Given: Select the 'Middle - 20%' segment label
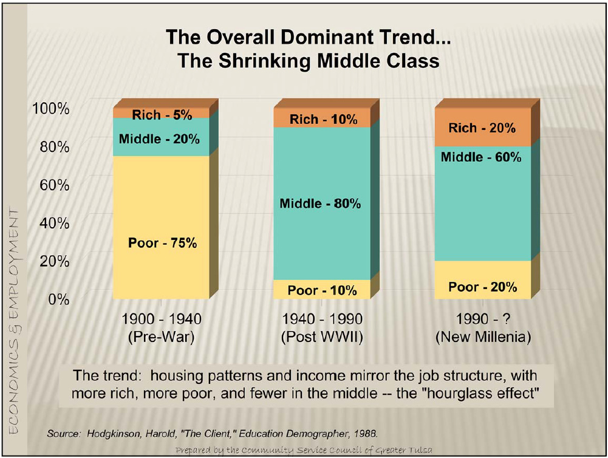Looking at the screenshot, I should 159,138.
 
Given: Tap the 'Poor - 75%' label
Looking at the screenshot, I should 163,243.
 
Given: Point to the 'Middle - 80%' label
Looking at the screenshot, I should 320,203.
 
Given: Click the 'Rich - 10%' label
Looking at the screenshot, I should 323,119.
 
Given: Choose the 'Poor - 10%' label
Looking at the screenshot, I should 322,290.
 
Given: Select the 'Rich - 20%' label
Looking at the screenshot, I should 482,128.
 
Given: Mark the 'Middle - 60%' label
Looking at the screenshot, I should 481,157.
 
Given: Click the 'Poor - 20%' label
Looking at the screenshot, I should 483,287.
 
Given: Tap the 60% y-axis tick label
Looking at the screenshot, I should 54,185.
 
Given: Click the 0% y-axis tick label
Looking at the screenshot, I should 58,299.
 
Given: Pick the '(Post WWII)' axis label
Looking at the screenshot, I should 323,338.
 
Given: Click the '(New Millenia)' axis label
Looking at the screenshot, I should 483,338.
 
